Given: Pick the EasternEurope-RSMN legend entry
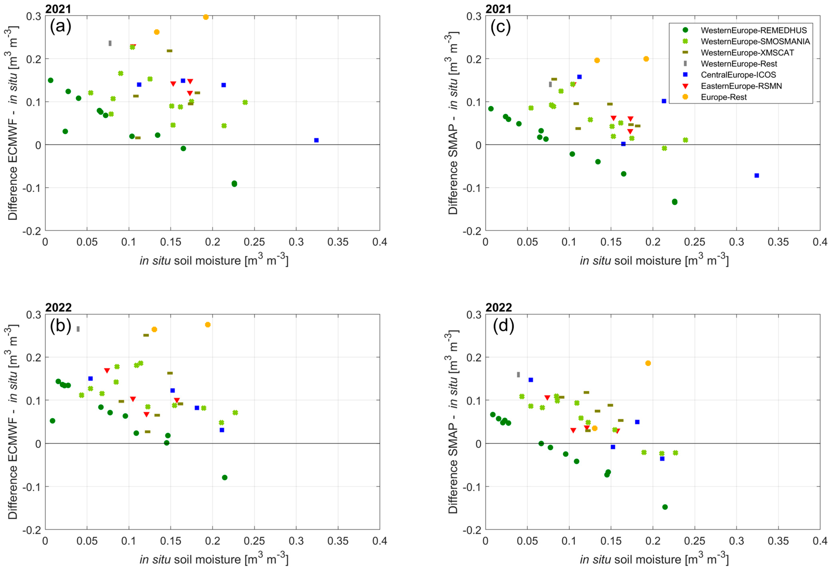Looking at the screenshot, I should tap(741, 86).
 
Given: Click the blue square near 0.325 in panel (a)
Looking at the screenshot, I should tap(316, 140).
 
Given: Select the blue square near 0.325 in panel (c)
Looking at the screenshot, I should tap(756, 175).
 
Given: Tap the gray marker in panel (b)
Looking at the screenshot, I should tap(78, 329).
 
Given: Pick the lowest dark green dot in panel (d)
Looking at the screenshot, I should tap(665, 507).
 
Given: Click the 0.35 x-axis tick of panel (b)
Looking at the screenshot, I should tap(338, 541).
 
